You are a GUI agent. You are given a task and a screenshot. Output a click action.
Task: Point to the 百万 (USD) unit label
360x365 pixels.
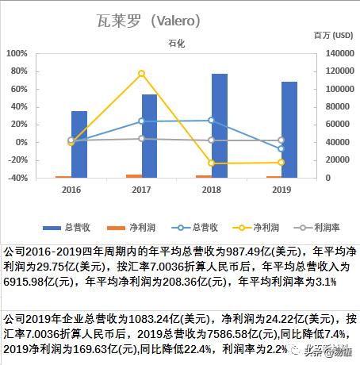[x=333, y=36]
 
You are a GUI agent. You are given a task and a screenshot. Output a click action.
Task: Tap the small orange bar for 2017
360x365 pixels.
[x=134, y=175]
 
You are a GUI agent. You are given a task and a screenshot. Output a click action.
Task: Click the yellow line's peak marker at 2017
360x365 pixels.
[x=141, y=74]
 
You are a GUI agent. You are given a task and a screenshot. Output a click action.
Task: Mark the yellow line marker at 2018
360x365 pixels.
[x=212, y=163]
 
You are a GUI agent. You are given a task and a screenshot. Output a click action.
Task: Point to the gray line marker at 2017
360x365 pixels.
[x=141, y=139]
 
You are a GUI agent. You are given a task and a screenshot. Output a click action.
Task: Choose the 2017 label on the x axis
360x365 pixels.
[x=141, y=190]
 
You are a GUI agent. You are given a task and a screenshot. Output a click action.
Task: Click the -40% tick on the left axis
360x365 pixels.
[x=16, y=178]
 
